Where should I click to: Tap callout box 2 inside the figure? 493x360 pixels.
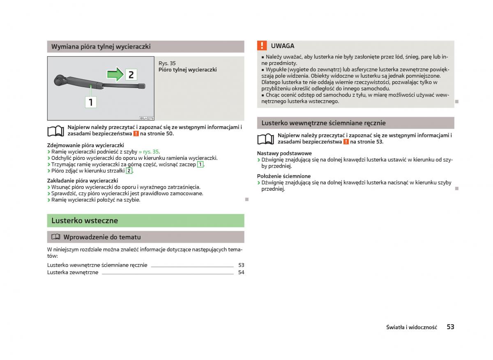point(131,75)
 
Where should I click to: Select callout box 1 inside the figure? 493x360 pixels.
point(91,102)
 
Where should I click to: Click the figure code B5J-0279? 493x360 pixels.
point(146,118)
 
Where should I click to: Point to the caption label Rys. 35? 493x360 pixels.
point(167,63)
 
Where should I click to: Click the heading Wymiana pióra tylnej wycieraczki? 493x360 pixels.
point(101,46)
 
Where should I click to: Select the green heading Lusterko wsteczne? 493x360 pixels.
point(84,221)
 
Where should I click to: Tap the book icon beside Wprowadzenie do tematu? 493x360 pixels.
point(55,237)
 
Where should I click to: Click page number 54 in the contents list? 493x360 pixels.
point(241,272)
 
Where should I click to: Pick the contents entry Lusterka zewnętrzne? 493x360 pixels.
point(73,272)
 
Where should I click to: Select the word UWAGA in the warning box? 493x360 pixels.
point(283,46)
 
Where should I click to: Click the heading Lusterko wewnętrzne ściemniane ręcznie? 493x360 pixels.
point(323,123)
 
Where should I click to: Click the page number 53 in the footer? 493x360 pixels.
point(450,327)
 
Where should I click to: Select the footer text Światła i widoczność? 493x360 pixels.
point(411,328)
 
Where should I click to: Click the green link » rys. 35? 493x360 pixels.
point(149,152)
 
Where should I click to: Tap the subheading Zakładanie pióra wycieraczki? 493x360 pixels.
point(83,180)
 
